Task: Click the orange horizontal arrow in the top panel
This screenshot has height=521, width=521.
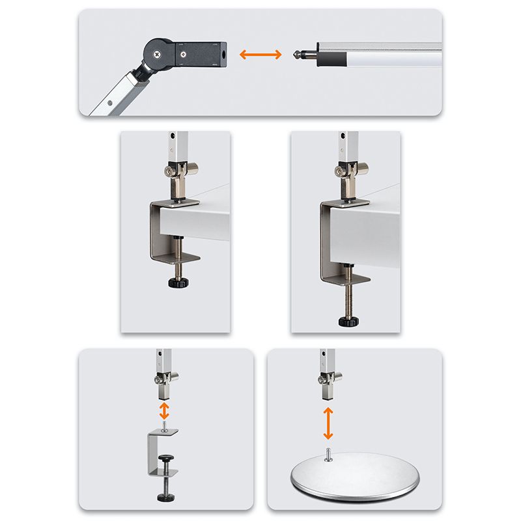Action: tap(260, 55)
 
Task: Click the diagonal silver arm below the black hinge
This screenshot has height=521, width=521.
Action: tap(117, 94)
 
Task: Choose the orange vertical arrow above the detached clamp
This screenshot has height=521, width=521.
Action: tap(165, 410)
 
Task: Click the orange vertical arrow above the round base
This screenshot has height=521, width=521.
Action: tap(328, 423)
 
